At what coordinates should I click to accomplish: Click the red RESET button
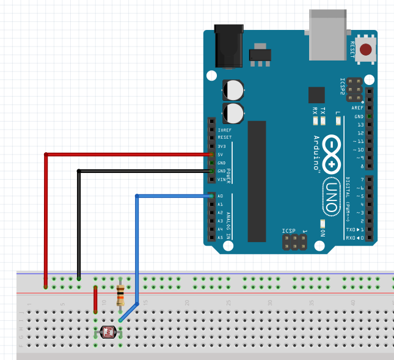click(x=366, y=50)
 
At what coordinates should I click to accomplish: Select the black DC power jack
click(x=229, y=44)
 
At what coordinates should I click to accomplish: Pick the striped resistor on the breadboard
click(x=120, y=295)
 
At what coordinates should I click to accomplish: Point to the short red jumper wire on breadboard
click(x=95, y=299)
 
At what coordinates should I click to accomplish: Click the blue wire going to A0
click(x=137, y=244)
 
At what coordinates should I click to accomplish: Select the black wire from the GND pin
click(x=79, y=220)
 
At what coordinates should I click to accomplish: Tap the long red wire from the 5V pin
click(x=46, y=214)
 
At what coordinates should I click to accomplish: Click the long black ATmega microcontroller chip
click(x=257, y=180)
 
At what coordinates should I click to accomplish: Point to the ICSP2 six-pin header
click(x=354, y=89)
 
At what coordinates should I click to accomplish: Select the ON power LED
click(x=322, y=224)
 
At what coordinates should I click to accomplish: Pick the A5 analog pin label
click(x=221, y=237)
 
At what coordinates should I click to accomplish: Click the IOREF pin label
click(x=224, y=130)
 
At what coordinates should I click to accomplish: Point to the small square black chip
click(x=316, y=95)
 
